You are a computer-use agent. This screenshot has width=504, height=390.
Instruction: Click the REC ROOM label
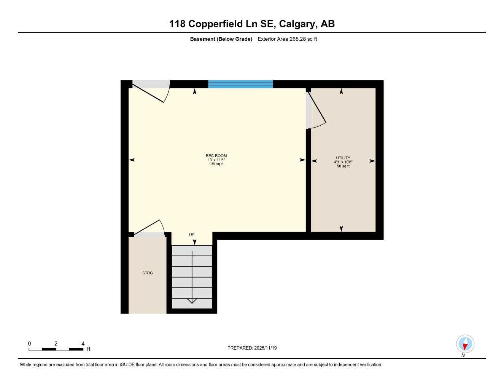216,155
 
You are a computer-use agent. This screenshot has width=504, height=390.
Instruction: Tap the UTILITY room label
343,158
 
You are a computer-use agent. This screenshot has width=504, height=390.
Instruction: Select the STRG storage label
148,273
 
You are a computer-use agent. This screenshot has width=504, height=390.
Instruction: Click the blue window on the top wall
240,84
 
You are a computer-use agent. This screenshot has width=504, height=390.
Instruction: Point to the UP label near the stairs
192,235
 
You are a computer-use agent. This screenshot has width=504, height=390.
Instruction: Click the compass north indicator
465,344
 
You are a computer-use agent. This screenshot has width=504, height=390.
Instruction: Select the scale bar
56,349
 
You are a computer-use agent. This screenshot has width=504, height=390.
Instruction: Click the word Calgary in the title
297,24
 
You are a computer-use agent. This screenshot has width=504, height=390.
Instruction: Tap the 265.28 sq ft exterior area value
303,39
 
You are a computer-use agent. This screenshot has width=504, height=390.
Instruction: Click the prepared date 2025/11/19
265,348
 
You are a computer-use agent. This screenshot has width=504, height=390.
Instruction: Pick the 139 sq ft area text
216,164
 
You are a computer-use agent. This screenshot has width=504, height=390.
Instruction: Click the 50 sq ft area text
343,166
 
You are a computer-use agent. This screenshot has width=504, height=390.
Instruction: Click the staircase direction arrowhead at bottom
192,301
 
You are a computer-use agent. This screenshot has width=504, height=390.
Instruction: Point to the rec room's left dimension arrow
132,160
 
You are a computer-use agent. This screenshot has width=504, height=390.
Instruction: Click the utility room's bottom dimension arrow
341,228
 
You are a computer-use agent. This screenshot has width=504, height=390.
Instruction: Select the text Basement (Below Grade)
221,39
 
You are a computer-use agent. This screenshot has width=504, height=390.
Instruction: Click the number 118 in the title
177,24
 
